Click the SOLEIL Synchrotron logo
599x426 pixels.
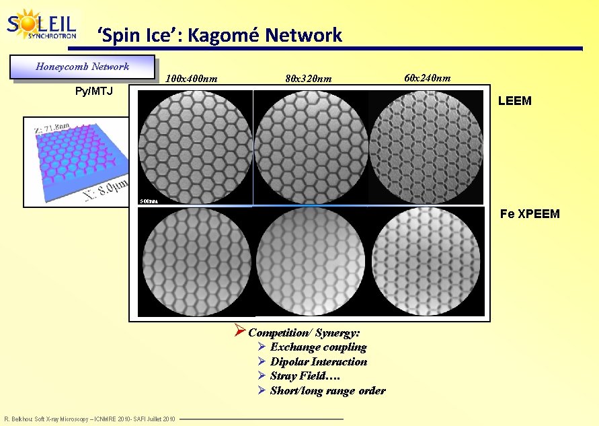41,26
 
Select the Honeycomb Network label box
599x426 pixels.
82,67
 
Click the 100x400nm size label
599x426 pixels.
191,79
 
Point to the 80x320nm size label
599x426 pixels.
308,79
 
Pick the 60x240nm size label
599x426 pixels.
427,78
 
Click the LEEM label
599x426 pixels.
514,101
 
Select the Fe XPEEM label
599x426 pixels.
529,215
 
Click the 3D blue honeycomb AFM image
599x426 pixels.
75,162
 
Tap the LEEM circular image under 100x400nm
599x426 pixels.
196,147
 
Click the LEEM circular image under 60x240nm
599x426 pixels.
426,147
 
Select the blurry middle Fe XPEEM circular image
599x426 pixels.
311,260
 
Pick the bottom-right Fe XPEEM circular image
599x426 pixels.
426,260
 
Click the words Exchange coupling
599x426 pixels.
318,347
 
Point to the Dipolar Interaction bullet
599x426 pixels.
318,362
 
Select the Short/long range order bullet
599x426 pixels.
327,391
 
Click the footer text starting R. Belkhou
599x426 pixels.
89,419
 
